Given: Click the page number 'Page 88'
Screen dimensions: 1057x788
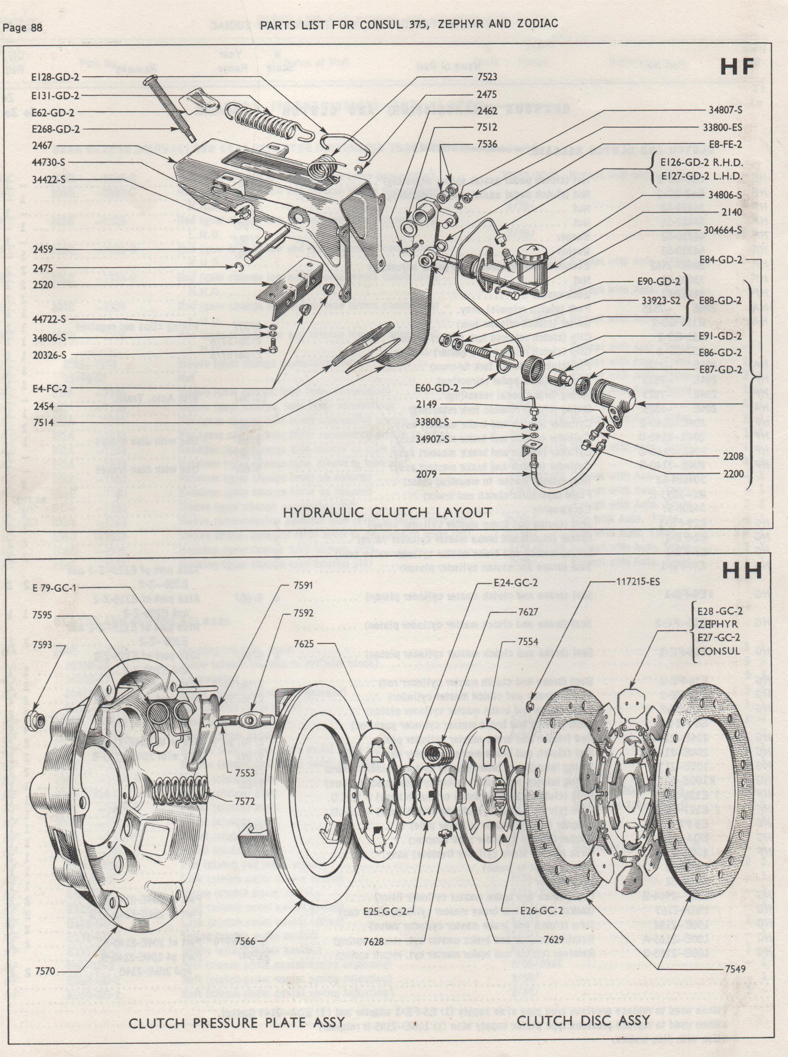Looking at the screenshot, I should [23, 28].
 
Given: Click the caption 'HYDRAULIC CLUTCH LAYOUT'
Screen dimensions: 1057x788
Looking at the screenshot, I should [388, 512].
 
